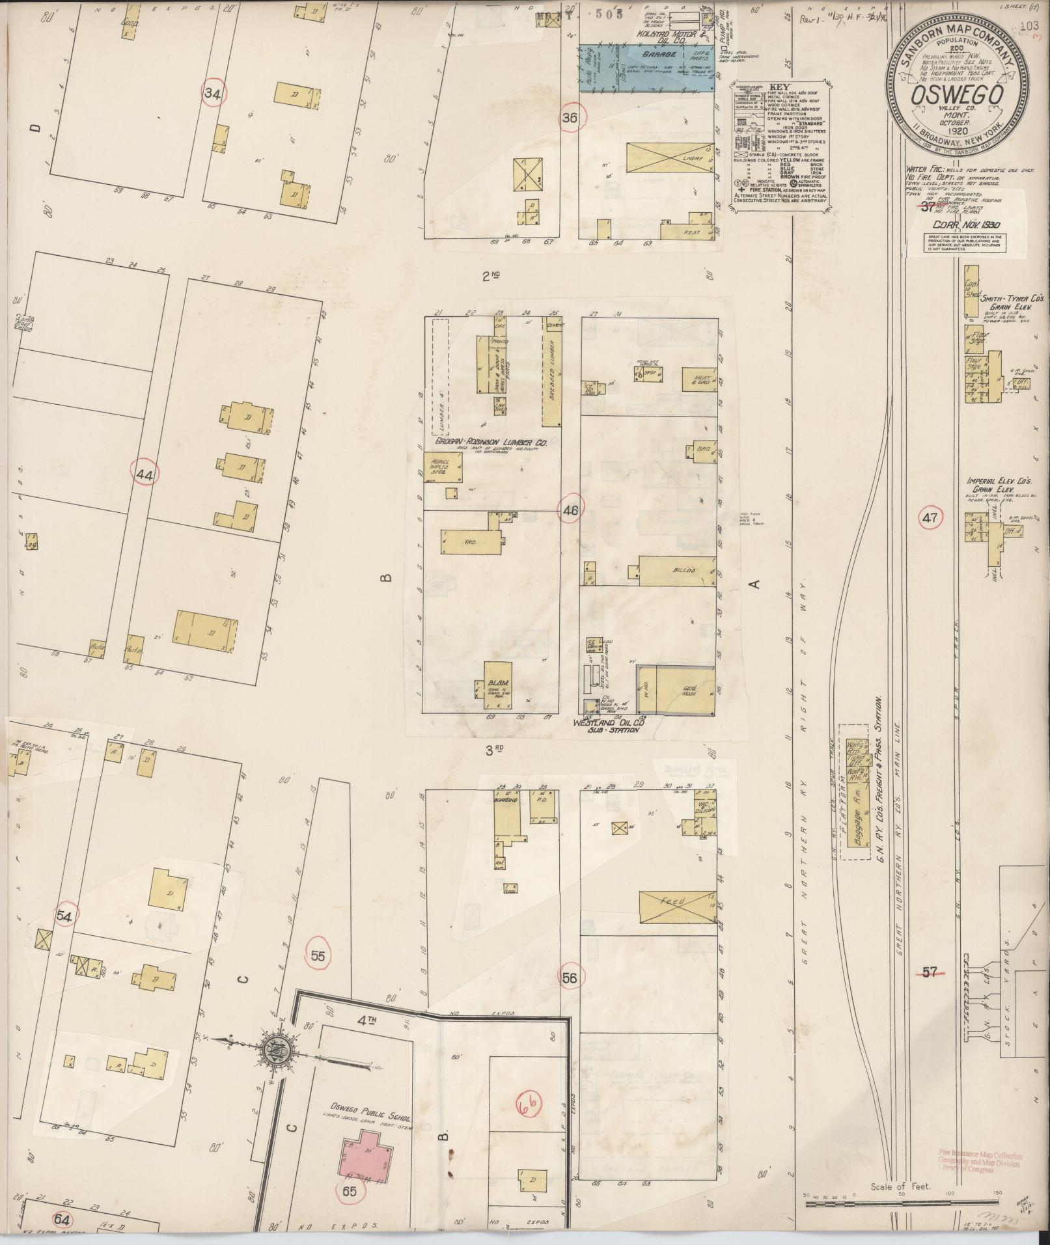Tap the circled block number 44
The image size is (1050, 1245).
145,475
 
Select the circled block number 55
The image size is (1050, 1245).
318,956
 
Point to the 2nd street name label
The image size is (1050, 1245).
490,276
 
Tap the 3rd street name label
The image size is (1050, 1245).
495,750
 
